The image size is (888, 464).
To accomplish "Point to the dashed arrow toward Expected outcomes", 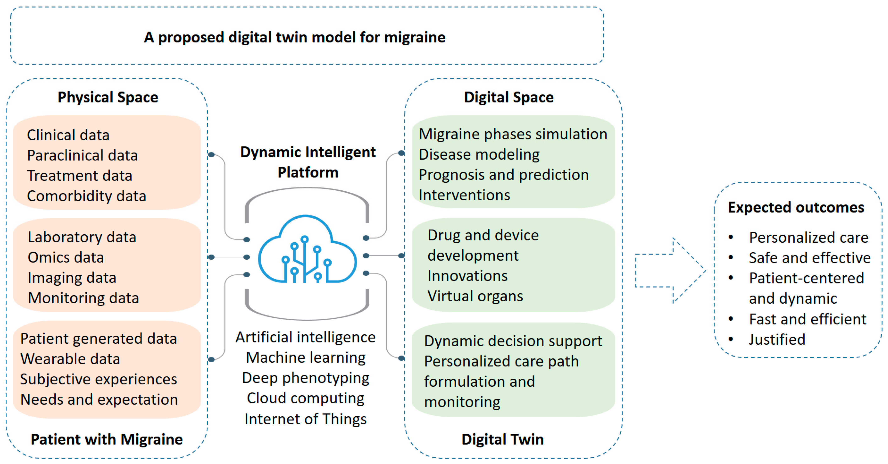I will pos(669,271).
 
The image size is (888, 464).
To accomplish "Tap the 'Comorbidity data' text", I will pos(87,196).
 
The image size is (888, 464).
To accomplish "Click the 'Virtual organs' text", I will pos(475,296).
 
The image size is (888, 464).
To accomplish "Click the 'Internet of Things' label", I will pos(305,419).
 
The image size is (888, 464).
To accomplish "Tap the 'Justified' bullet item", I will pos(777,340).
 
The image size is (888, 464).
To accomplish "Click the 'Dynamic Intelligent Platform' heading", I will pos(308,162).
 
